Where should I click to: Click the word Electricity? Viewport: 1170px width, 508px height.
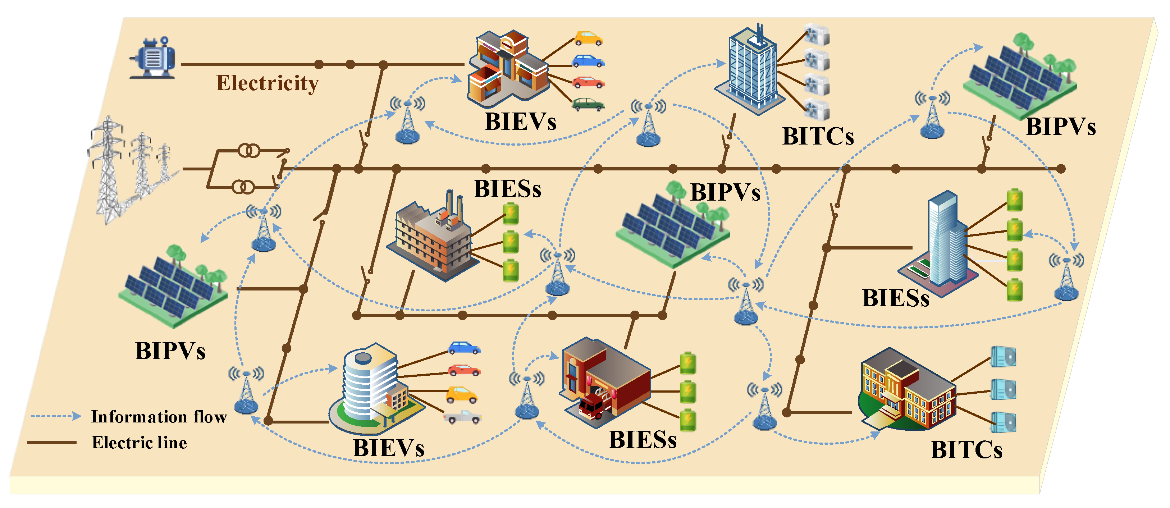pos(267,83)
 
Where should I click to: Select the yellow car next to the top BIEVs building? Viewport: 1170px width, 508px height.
pos(588,38)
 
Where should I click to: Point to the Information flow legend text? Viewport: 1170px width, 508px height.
pos(159,417)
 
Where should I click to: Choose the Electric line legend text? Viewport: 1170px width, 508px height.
pos(140,443)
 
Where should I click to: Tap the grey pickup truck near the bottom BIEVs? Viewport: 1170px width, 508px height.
pos(463,417)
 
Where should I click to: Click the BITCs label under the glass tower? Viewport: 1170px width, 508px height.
pos(818,136)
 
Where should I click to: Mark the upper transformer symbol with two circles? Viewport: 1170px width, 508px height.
pos(249,150)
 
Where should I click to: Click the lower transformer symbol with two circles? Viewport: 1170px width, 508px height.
pos(243,187)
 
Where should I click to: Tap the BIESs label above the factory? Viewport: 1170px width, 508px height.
pos(507,189)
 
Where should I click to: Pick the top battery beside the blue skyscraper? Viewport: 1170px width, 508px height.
pos(1015,201)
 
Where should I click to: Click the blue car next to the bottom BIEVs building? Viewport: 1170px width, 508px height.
pos(464,348)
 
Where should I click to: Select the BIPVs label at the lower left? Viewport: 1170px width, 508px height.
pos(170,351)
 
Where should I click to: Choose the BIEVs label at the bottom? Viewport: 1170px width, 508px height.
pos(388,448)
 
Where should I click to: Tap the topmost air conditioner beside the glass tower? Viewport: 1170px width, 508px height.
pos(817,35)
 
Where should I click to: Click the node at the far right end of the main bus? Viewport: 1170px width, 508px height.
pos(1061,169)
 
